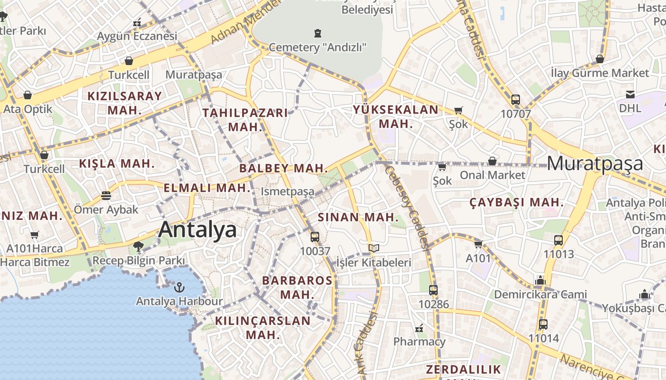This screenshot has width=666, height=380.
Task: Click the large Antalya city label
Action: tap(197, 229)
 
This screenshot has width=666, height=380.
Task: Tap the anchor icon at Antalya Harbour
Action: tap(179, 287)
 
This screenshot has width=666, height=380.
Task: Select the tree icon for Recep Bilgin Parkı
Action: tap(138, 247)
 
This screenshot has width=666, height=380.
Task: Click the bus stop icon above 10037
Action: tap(314, 237)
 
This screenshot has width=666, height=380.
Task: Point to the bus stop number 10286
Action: tap(433, 304)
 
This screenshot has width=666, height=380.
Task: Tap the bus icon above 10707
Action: tap(515, 100)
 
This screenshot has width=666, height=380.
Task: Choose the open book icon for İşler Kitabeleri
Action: tap(374, 248)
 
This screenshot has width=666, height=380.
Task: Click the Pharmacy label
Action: tap(419, 342)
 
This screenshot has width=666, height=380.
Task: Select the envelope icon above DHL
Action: tap(630, 94)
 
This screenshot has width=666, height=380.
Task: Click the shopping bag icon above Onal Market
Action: tap(492, 161)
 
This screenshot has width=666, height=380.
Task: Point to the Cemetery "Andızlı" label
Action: tap(318, 47)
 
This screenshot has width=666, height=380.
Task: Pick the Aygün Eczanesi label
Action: tap(137, 36)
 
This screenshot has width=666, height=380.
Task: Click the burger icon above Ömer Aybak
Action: tap(106, 196)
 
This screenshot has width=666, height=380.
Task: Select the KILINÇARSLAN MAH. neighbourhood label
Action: tap(263, 327)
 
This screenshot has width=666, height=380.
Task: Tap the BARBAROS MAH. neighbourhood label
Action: tap(297, 287)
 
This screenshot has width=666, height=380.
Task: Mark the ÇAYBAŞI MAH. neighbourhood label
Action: tap(516, 203)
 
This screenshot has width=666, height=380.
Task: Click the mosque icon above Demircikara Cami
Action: tap(540, 281)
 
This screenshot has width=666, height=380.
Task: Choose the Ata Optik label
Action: tap(28, 109)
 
